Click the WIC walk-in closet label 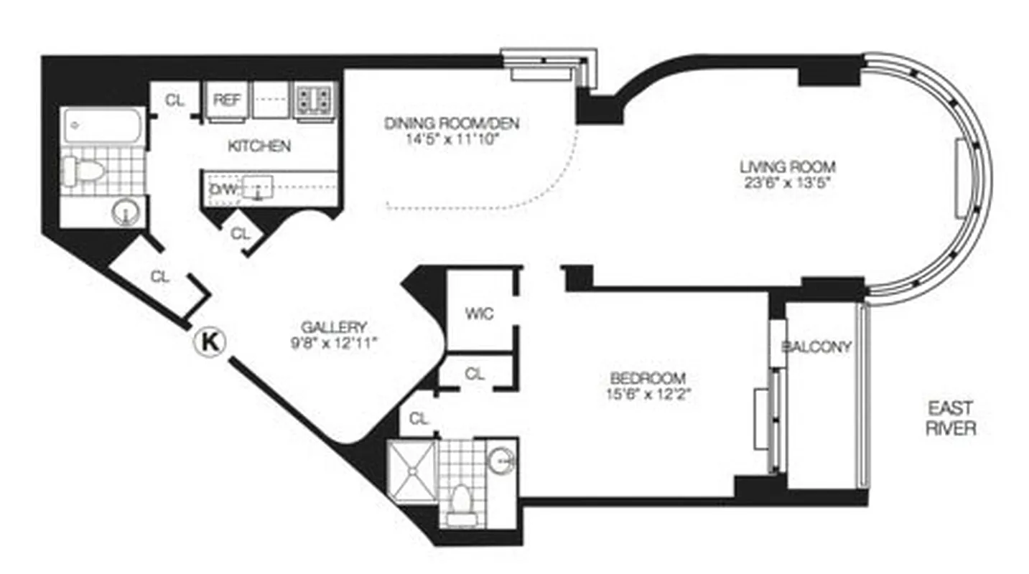click(479, 314)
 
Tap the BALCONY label click(816, 347)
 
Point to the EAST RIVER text click(951, 418)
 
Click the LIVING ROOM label click(788, 167)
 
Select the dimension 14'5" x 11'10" click(451, 140)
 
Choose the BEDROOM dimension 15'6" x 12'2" click(647, 393)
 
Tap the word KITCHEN click(259, 146)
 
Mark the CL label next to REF click(174, 100)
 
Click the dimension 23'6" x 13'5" click(788, 183)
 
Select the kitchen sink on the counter click(256, 188)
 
